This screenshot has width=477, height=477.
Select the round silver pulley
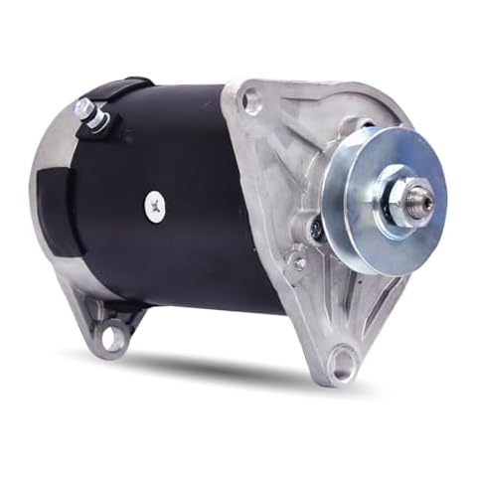[x=383, y=198]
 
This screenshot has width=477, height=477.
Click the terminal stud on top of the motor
[x=97, y=118]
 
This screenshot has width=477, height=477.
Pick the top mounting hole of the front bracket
[x=251, y=99]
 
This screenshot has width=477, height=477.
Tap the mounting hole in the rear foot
[x=110, y=338]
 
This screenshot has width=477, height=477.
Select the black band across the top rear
[x=119, y=91]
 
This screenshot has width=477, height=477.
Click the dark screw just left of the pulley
[x=316, y=229]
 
